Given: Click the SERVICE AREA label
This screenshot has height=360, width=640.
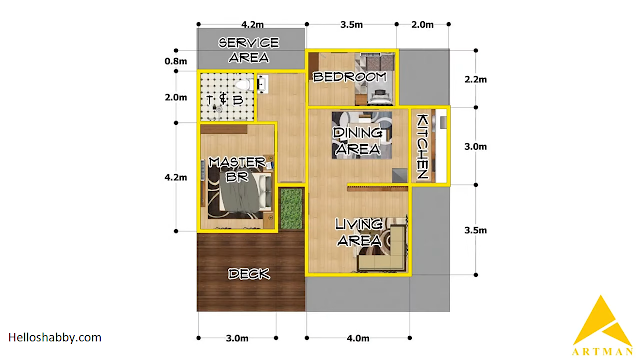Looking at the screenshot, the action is [249, 50].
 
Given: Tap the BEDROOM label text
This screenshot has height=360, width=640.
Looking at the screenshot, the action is [350, 77].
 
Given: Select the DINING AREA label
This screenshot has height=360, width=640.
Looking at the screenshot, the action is [358, 141].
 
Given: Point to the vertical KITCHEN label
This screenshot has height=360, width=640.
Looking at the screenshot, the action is [422, 147].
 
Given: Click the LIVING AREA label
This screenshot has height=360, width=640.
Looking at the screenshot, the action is [359, 232].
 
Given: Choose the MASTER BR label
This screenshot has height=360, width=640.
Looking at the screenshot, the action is [237, 169].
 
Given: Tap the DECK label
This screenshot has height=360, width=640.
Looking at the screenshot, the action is [249, 274].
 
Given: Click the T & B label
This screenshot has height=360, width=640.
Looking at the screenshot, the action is [225, 99].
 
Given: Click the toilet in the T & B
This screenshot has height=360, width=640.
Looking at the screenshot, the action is [244, 85].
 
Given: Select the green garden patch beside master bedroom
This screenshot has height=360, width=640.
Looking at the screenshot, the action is [291, 209].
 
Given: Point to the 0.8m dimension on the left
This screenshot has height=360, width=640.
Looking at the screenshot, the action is [176, 61].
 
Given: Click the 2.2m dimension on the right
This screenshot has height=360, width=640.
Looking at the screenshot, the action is [476, 79].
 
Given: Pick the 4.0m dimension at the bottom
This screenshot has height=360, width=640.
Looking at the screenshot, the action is [358, 338].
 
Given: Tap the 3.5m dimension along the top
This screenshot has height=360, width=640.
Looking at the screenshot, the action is [351, 24].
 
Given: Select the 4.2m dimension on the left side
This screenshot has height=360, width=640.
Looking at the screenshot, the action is [176, 177].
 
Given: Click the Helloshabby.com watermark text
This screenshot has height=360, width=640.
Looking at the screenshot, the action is [55, 338].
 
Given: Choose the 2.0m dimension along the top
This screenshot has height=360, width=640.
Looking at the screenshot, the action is [422, 24].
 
